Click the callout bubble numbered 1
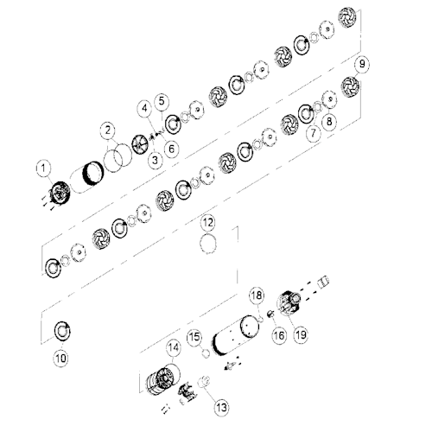pyautogui.click(x=43, y=168)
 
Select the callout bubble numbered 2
pyautogui.click(x=108, y=130)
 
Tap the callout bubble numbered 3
pyautogui.click(x=156, y=160)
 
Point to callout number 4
pyautogui.click(x=145, y=108)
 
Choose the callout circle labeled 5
pyautogui.click(x=162, y=101)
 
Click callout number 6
pyautogui.click(x=171, y=149)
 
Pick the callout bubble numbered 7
pyautogui.click(x=313, y=133)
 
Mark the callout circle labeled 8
pyautogui.click(x=329, y=121)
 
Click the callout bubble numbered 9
pyautogui.click(x=362, y=64)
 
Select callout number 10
pyautogui.click(x=60, y=359)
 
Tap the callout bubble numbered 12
pyautogui.click(x=208, y=223)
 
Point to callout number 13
pyautogui.click(x=221, y=408)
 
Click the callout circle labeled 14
pyautogui.click(x=174, y=347)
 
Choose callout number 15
pyautogui.click(x=194, y=337)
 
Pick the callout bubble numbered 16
pyautogui.click(x=278, y=335)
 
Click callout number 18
pyautogui.click(x=257, y=295)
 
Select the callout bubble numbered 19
pyautogui.click(x=301, y=334)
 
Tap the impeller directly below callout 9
pyautogui.click(x=350, y=86)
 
